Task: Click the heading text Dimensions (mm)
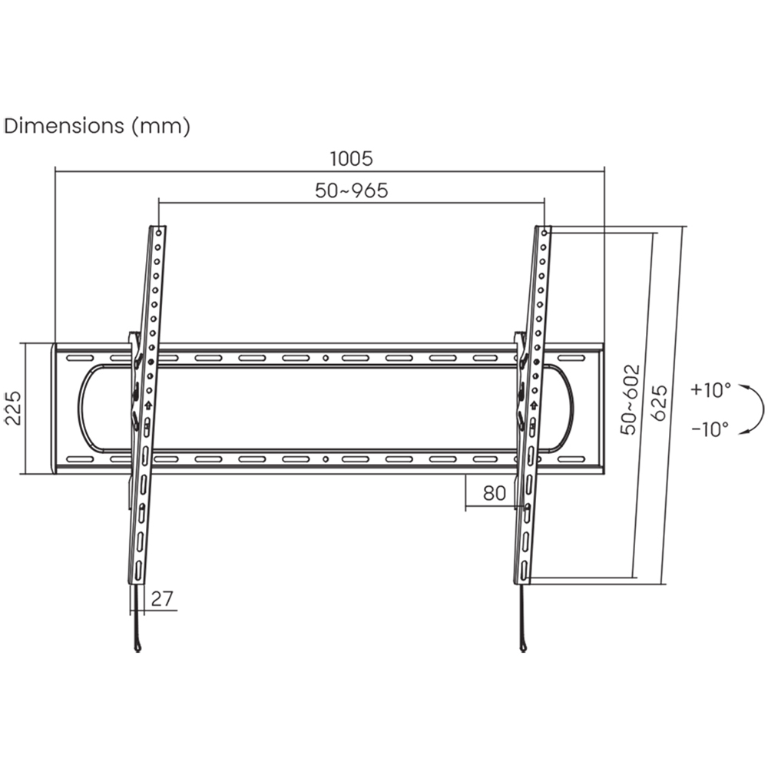click(x=97, y=126)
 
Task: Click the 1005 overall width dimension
click(x=351, y=159)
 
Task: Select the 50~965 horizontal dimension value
click(x=351, y=191)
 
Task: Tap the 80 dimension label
click(x=495, y=493)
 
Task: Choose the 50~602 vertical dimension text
click(x=631, y=400)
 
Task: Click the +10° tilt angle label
click(x=710, y=389)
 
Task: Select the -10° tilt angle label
click(x=710, y=429)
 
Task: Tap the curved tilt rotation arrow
click(x=756, y=410)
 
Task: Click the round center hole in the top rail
click(x=326, y=358)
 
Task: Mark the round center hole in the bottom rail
click(x=326, y=459)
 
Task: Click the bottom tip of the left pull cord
click(x=137, y=647)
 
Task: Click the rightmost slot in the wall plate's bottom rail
click(x=572, y=459)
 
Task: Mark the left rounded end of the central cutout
click(x=81, y=408)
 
